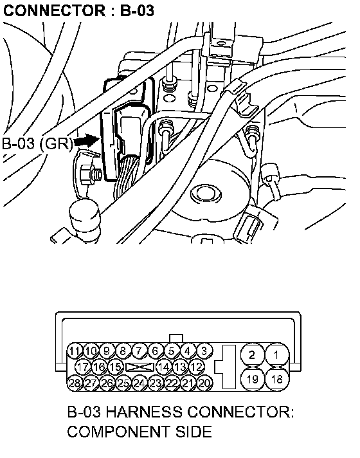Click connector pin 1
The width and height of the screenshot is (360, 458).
pos(276,355)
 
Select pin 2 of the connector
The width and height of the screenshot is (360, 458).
pos(252,355)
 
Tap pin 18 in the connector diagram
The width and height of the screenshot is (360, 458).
pos(277,379)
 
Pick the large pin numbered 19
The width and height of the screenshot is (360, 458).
pos(252,379)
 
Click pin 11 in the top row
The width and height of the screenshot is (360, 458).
pos(75,351)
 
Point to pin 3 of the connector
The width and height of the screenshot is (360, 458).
pos(204,351)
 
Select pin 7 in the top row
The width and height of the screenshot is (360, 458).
pos(139,351)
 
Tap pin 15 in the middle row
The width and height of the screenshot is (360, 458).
pos(115,367)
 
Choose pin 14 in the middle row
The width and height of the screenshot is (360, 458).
pos(164,367)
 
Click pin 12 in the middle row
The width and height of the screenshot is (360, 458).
pos(196,367)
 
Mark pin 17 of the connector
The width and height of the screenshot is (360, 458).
pos(83,367)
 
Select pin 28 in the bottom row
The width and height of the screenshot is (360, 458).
pos(75,383)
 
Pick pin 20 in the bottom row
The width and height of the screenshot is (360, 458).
pos(204,383)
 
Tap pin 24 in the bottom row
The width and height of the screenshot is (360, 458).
pos(139,383)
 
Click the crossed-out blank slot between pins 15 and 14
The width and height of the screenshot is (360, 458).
pos(139,367)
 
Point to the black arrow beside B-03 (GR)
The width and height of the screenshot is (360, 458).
pos(87,142)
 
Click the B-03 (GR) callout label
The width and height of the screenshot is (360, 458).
pos(37,143)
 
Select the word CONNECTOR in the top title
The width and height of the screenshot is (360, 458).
pos(54,11)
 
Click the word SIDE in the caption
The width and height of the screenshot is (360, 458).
pos(194,432)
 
